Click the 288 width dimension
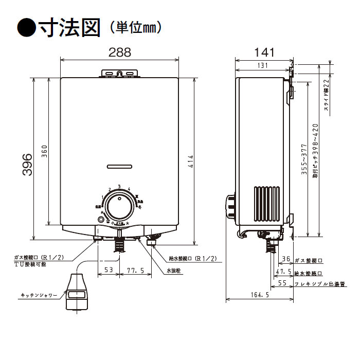point(120,52)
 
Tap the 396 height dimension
point(27,165)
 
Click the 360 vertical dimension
point(45,152)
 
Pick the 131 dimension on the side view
point(262,65)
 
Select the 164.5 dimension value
point(261,295)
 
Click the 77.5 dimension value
point(135,268)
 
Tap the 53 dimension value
point(109,268)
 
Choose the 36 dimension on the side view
point(287,260)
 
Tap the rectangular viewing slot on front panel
point(119,166)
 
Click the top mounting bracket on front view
point(120,73)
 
